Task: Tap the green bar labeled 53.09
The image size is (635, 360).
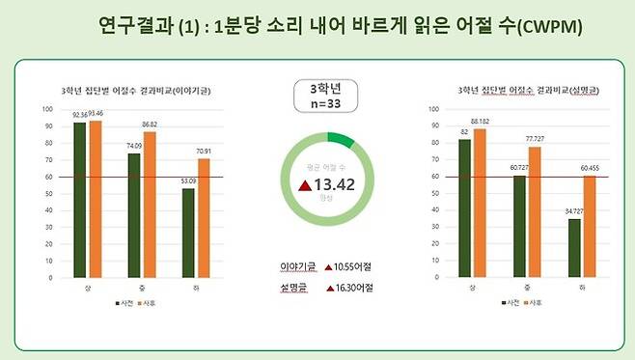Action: pos(189,235)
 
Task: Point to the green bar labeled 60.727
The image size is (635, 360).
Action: pos(520,229)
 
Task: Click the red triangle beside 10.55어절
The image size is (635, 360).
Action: pos(328,265)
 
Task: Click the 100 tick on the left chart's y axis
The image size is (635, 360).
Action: pos(48,108)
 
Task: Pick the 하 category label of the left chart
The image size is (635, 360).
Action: pos(196,287)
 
